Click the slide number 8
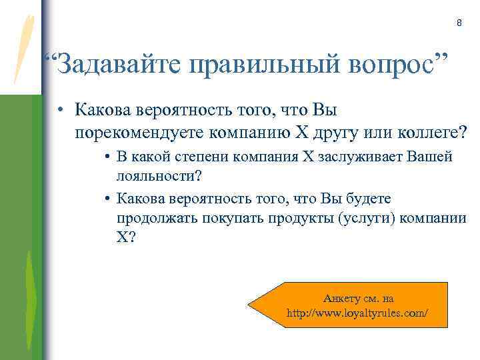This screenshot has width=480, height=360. [459, 24]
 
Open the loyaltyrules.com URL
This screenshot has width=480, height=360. [357, 312]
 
